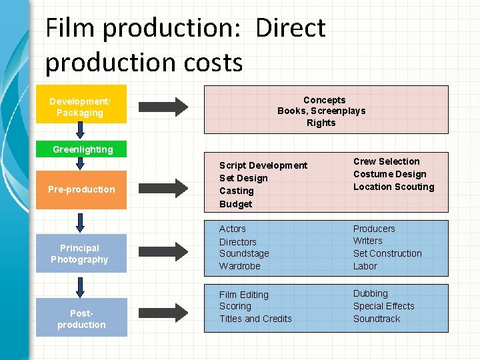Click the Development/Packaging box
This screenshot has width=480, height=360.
coord(80,107)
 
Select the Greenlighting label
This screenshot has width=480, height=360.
coord(83,149)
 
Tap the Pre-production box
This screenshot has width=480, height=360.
coord(81,189)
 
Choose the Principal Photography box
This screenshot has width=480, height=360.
coord(79,253)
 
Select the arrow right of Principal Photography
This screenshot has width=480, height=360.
coord(163,251)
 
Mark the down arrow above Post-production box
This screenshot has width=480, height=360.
coord(81,285)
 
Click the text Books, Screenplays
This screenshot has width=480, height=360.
coord(321,111)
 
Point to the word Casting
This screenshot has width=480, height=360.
coord(237,191)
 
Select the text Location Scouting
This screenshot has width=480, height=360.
coord(393,187)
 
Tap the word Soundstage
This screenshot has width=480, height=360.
coord(245,254)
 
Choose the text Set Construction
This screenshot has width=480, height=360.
coord(387,253)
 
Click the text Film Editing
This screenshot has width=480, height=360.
coord(244,295)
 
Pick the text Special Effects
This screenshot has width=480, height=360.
coord(383,306)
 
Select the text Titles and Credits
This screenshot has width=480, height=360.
coord(255,319)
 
